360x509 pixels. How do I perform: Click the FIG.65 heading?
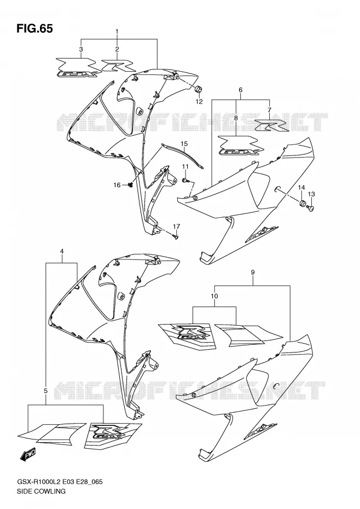click(x=34, y=28)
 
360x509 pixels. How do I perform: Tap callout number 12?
click(x=199, y=102)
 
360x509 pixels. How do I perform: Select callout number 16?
click(x=117, y=185)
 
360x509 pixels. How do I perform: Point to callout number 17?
click(x=176, y=226)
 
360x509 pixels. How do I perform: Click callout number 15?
click(x=184, y=143)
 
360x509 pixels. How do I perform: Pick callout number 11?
click(x=185, y=166)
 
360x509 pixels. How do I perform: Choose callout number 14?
click(x=301, y=188)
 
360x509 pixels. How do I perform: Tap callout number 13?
click(x=311, y=194)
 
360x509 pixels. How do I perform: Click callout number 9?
click(x=253, y=272)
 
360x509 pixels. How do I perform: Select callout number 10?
click(x=214, y=296)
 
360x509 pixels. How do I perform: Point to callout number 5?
click(x=46, y=391)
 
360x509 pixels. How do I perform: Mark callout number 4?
click(x=62, y=251)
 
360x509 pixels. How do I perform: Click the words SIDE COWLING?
click(x=40, y=491)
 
